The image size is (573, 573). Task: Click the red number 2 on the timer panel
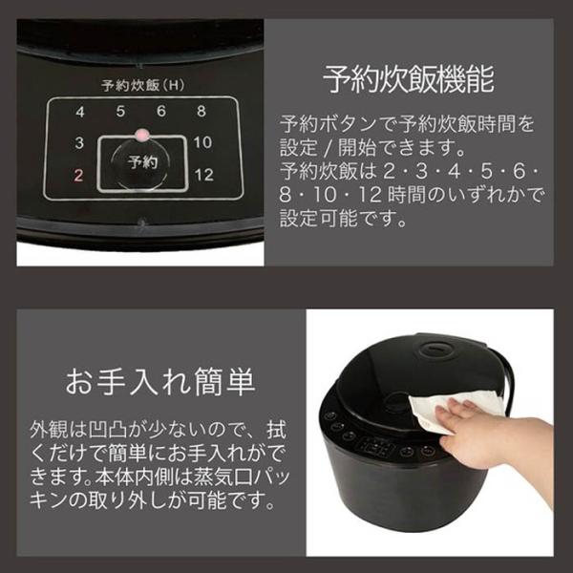click(x=78, y=176)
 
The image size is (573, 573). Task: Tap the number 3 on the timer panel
click(x=79, y=142)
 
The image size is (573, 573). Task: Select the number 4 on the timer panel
click(x=80, y=112)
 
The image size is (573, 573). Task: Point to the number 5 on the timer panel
click(x=120, y=111)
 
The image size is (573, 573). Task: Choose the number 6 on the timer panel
click(x=161, y=111)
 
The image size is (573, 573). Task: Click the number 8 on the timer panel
click(x=202, y=111)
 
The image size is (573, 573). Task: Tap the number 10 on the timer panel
click(x=202, y=142)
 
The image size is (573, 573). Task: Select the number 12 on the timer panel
click(x=204, y=175)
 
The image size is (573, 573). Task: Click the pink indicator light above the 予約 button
click(x=142, y=135)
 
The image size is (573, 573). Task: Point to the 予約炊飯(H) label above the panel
click(x=143, y=86)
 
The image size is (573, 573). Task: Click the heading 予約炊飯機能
click(x=409, y=79)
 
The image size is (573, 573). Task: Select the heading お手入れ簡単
click(x=160, y=382)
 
